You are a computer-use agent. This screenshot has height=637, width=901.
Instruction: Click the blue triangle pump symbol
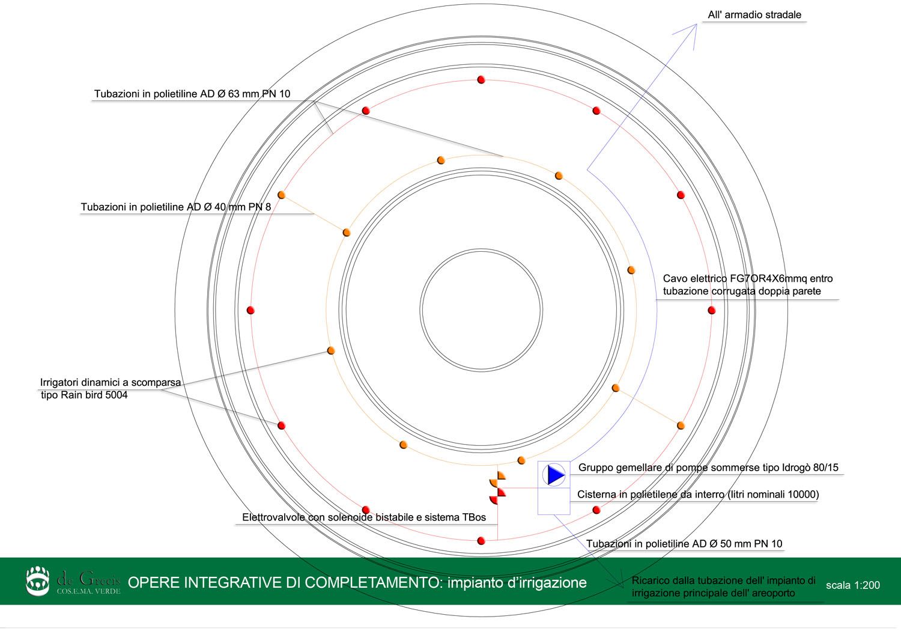click(x=556, y=475)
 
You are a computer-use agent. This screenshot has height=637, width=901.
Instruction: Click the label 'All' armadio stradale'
click(x=754, y=15)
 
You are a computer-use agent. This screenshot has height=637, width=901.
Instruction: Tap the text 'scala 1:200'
click(x=853, y=585)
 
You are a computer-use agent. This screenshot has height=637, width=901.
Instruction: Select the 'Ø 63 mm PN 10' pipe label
click(x=192, y=94)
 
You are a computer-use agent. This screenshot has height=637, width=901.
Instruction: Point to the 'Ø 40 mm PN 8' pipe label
click(x=176, y=207)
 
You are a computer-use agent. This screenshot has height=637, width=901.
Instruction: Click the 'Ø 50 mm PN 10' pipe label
click(x=684, y=544)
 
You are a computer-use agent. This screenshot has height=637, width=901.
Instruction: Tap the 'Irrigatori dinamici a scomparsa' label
click(x=110, y=382)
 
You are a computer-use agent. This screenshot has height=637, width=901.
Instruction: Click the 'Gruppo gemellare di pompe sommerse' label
click(x=708, y=468)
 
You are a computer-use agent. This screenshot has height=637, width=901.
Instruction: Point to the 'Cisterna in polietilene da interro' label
click(x=698, y=494)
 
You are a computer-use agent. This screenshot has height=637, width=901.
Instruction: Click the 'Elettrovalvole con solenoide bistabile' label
click(x=364, y=517)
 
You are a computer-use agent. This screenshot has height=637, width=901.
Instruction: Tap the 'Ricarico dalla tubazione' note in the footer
click(x=723, y=587)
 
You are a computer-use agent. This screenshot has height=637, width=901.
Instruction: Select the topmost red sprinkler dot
click(x=481, y=80)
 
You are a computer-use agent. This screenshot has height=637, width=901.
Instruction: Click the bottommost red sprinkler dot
click(x=481, y=541)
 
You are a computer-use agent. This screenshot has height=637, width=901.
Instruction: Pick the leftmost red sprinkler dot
click(x=250, y=310)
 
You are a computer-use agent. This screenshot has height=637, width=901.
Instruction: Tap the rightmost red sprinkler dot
click(x=712, y=310)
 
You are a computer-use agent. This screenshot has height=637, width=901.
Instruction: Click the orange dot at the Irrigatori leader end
click(x=331, y=350)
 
